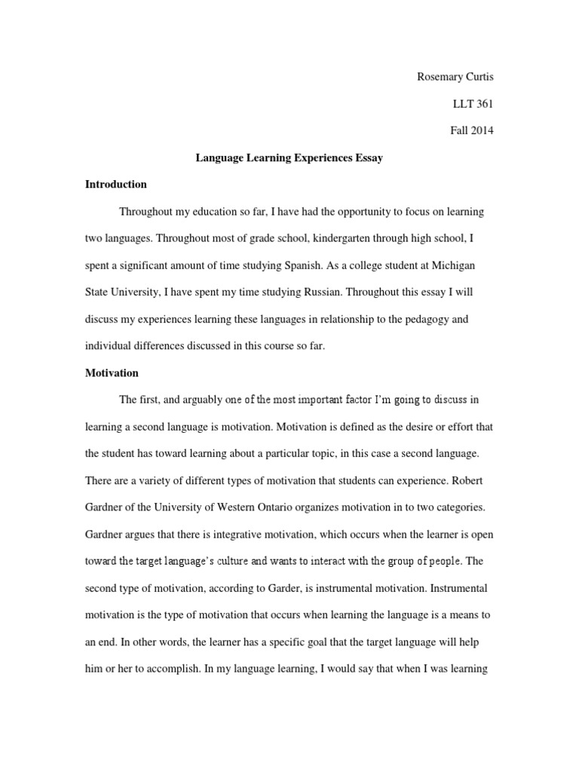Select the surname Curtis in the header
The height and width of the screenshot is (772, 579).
479,76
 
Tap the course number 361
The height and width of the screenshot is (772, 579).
482,103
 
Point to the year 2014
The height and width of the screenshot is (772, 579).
482,130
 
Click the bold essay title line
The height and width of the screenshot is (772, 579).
289,158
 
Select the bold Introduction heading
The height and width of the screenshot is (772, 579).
116,184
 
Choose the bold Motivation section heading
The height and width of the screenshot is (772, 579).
112,372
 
